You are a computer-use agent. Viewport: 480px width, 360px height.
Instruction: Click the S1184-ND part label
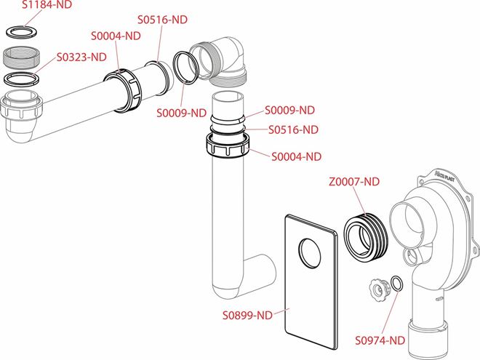click(47, 4)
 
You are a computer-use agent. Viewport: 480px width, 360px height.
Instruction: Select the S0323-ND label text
click(81, 57)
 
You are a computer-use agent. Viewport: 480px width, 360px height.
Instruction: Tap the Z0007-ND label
click(354, 182)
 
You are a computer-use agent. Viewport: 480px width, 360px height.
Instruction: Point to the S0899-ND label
click(247, 316)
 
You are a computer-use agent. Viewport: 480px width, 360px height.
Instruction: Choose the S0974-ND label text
click(380, 340)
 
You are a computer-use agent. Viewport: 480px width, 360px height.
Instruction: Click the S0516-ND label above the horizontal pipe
click(163, 20)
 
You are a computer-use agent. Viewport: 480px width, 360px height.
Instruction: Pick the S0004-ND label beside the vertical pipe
click(297, 157)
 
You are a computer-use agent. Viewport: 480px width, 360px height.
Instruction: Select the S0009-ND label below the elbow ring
click(182, 113)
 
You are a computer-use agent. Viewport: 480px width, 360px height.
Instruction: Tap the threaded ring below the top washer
click(21, 57)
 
